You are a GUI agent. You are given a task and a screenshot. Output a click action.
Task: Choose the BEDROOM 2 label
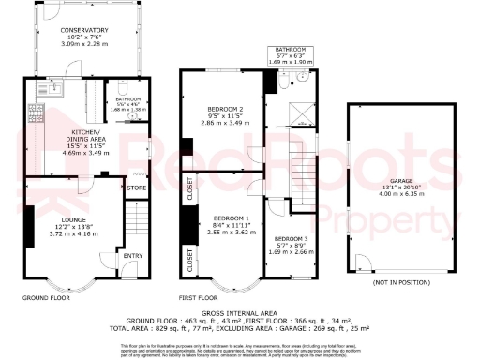[x=224, y=109]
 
